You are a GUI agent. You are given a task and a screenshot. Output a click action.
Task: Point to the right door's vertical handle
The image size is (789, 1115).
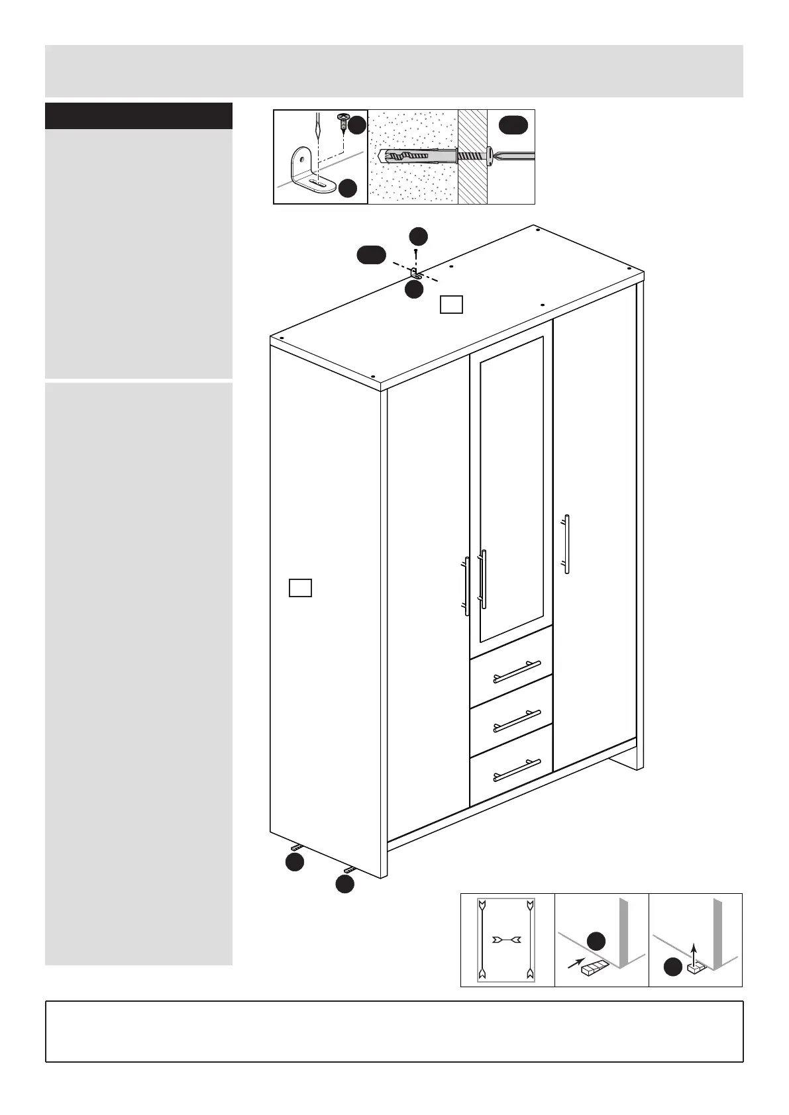[566, 543]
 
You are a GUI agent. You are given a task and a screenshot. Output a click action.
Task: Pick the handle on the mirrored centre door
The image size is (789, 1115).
[483, 579]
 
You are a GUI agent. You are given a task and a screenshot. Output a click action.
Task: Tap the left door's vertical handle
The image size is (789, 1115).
[467, 587]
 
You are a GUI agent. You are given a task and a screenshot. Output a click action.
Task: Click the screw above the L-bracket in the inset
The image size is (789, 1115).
[344, 122]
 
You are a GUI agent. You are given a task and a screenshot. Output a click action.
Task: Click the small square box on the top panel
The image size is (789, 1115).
[451, 304]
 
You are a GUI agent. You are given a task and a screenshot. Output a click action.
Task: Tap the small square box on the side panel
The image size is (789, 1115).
[300, 587]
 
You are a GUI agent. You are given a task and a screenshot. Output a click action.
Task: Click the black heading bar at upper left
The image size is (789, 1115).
[138, 116]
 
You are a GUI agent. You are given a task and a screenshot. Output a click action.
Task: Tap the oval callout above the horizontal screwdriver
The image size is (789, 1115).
[513, 124]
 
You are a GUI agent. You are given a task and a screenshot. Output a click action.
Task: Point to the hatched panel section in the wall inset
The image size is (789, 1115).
[472, 157]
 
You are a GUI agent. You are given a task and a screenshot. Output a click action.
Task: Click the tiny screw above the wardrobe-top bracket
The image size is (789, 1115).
[415, 252]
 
